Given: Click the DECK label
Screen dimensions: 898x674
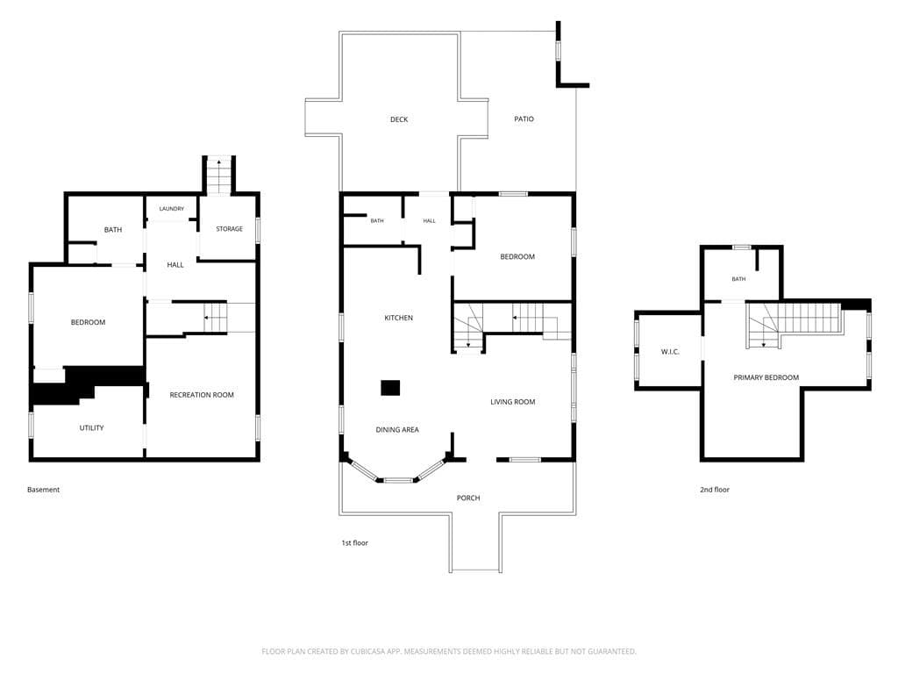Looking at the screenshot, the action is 399,119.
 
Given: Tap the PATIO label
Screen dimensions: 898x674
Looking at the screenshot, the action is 524,118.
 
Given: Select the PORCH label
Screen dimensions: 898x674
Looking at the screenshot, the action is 468,498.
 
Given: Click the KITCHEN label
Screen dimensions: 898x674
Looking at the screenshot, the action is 399,318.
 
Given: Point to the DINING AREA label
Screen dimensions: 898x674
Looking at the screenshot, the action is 397,429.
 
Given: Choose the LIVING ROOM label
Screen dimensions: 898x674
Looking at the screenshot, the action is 512,402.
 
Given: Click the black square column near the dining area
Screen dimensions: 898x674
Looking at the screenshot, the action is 390,388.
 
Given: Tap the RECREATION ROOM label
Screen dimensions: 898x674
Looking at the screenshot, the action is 202,395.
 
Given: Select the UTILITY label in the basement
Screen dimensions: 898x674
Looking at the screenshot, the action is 91,427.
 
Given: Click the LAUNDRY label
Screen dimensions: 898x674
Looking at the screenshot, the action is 172,209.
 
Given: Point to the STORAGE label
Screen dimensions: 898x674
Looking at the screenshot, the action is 229,229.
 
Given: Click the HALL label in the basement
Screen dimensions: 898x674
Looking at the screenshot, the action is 175,265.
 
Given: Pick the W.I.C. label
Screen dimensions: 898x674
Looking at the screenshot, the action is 670,351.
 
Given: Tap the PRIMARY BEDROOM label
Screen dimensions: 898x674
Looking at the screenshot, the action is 766,377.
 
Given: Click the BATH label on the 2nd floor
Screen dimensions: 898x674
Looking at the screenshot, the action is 738,279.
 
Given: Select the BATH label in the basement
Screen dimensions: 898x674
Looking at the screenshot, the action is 113,230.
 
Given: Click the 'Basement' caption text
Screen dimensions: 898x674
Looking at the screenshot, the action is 44,490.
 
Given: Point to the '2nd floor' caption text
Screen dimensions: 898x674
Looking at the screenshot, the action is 715,490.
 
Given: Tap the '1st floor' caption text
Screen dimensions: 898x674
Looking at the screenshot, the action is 355,542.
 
